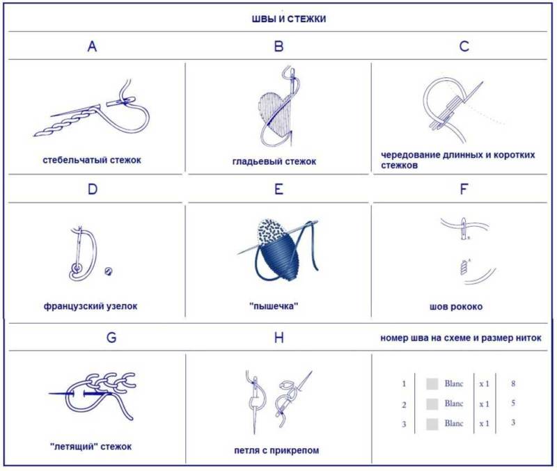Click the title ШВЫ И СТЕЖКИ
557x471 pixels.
tap(289, 19)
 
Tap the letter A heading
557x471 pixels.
tap(92, 46)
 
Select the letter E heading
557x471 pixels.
tap(279, 189)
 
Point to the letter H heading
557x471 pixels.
tap(279, 337)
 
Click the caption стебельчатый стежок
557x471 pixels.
tap(92, 160)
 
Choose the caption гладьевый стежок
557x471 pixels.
tap(274, 162)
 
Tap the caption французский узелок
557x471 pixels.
tap(91, 306)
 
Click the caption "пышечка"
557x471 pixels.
tap(274, 306)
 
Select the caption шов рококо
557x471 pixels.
tap(456, 307)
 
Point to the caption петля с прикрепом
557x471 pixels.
tap(276, 451)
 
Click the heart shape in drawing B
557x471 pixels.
tap(275, 113)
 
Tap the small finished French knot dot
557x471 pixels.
tap(109, 271)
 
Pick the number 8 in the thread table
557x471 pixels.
tap(513, 383)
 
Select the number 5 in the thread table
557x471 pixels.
tap(513, 404)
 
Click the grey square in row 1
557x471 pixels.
tap(432, 384)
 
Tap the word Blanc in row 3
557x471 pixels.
tap(454, 424)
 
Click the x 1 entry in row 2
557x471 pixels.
tap(484, 404)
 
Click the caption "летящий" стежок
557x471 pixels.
tap(91, 447)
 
